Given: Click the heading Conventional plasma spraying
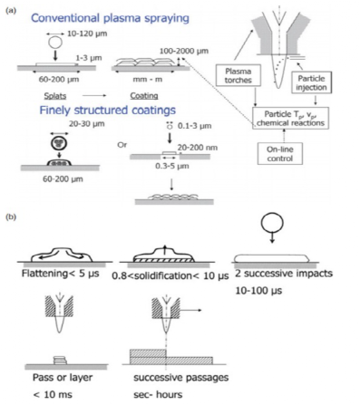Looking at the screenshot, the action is [110, 18].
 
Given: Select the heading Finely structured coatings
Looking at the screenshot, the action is [107, 110].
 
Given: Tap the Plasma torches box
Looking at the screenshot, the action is [238, 76].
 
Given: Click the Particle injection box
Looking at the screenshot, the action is [311, 82].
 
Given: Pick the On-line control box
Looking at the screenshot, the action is [280, 154].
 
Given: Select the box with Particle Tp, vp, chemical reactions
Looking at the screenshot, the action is [290, 119].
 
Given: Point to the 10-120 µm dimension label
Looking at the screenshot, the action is [87, 34].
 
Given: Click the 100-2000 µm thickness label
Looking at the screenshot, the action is [184, 51].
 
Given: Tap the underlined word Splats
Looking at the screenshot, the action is [55, 96].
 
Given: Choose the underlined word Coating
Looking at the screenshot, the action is [144, 96].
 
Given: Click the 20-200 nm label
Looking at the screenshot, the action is [198, 148].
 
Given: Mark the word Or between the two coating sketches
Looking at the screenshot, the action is [122, 145].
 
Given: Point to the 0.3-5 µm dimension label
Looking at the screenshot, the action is [172, 166].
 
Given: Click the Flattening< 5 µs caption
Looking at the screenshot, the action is [61, 274].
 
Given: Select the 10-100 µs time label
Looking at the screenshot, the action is [258, 291].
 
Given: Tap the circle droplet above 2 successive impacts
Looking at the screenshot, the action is [272, 223].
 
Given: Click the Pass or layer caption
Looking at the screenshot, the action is [63, 378].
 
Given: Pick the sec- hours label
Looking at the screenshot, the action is [158, 394].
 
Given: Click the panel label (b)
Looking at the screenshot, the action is [11, 217].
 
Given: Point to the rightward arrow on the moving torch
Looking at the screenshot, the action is [190, 310].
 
